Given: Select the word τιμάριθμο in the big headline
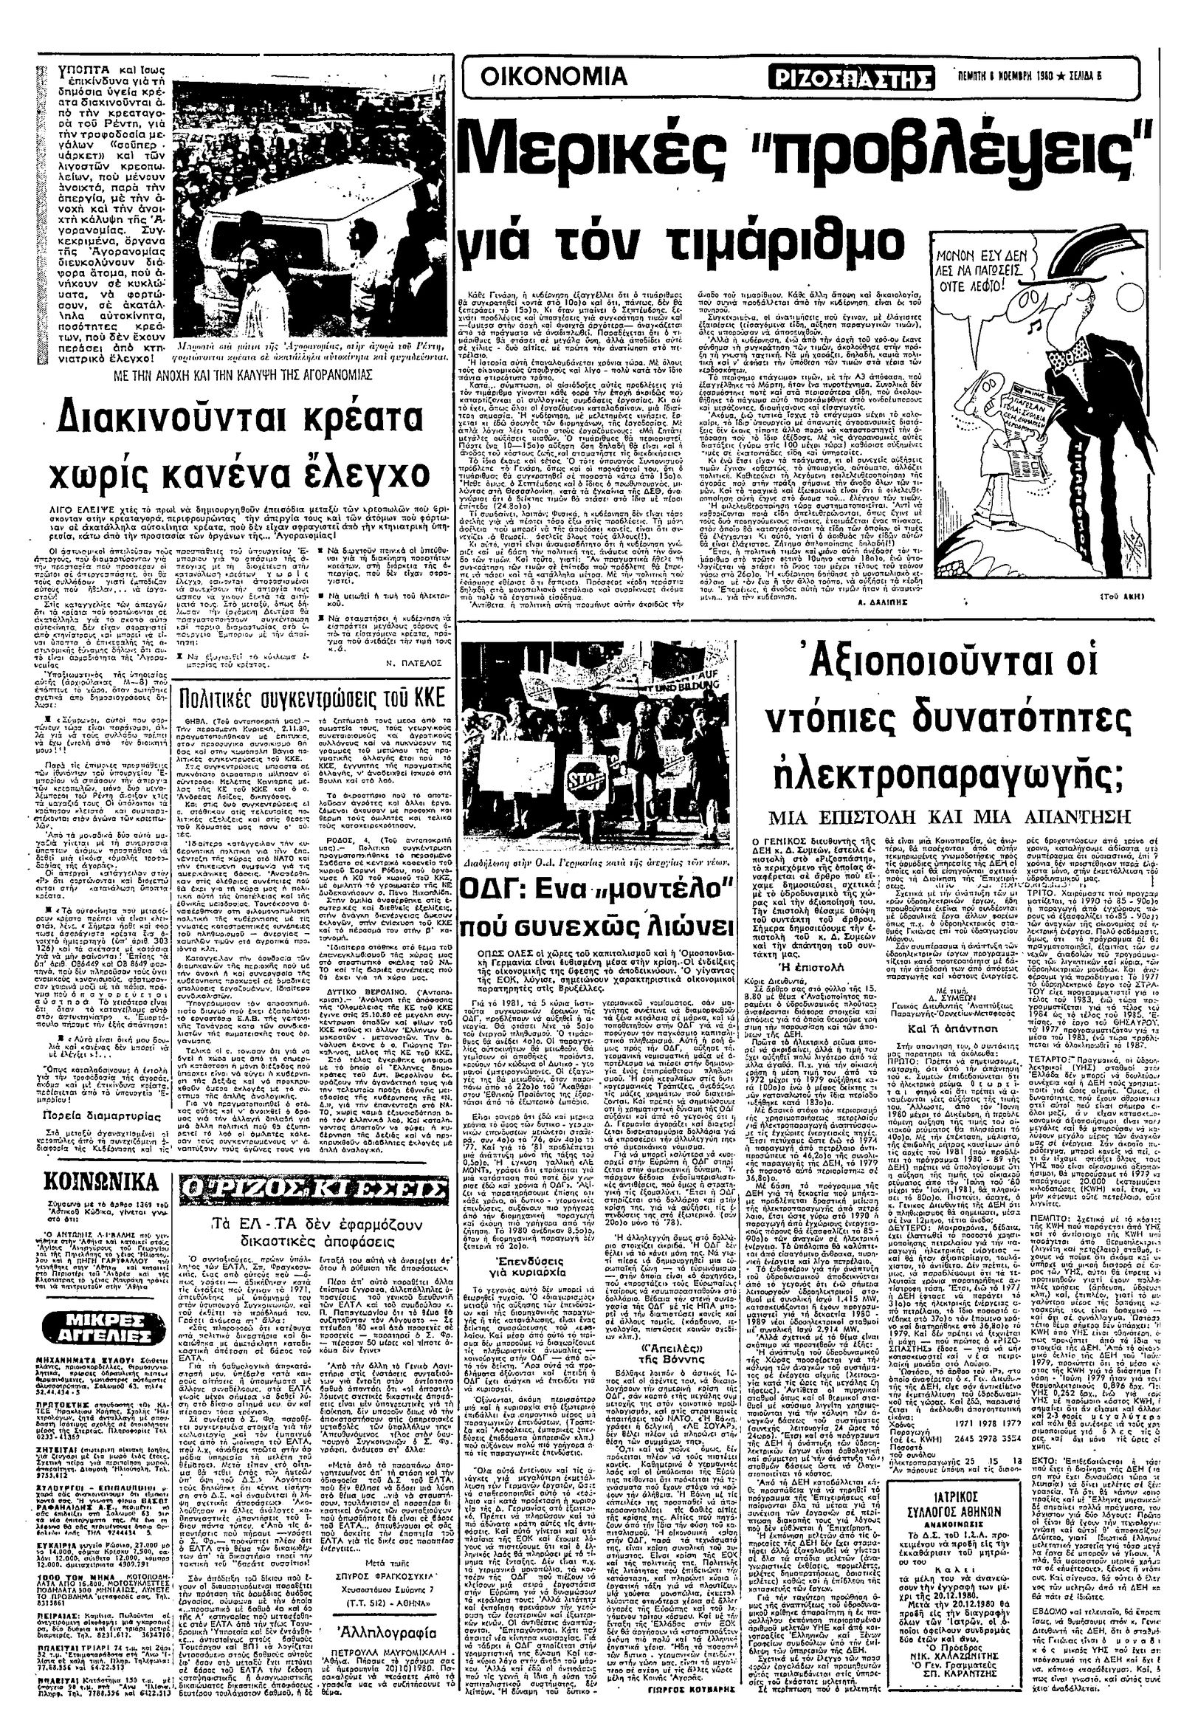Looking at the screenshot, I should (x=763, y=239).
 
